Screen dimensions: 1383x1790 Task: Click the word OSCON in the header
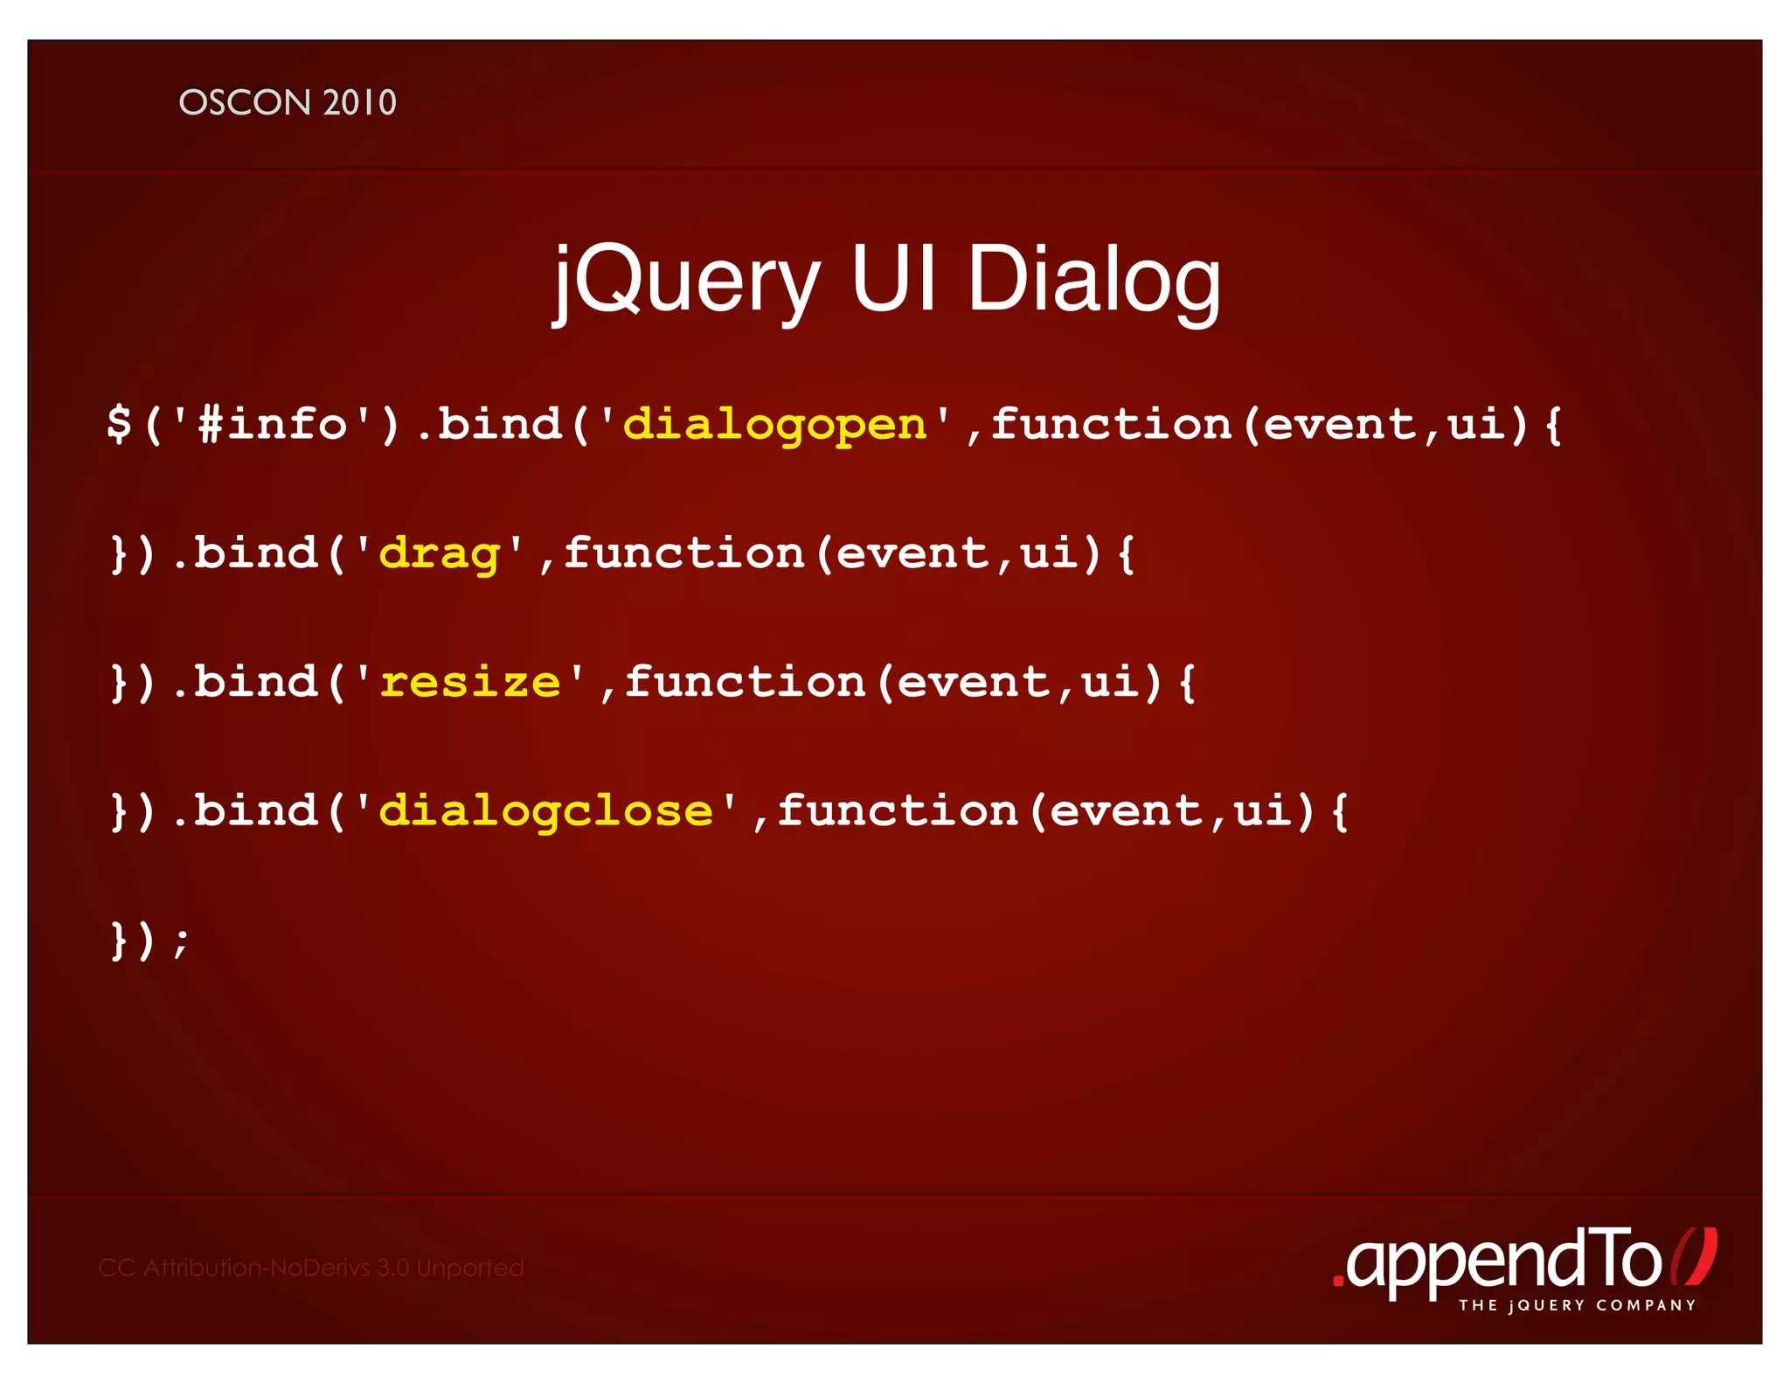click(245, 103)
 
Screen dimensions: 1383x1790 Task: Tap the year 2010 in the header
click(359, 103)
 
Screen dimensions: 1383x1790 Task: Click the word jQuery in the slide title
click(687, 280)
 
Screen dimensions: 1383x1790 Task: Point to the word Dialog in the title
click(1093, 280)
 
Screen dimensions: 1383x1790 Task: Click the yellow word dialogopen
click(774, 425)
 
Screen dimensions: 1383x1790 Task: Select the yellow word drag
click(440, 554)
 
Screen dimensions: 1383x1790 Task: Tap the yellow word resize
click(470, 682)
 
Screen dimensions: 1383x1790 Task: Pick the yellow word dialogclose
click(545, 811)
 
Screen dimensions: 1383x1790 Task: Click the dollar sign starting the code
click(119, 425)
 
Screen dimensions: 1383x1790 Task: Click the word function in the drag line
click(683, 553)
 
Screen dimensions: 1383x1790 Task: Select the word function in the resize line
click(745, 682)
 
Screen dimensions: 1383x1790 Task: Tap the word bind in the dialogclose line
click(255, 810)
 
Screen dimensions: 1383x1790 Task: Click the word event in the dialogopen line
click(1339, 425)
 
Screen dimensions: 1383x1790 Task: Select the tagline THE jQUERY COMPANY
click(1577, 1305)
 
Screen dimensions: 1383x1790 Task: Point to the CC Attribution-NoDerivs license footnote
click(311, 1268)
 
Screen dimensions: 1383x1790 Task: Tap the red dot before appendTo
click(1337, 1282)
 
